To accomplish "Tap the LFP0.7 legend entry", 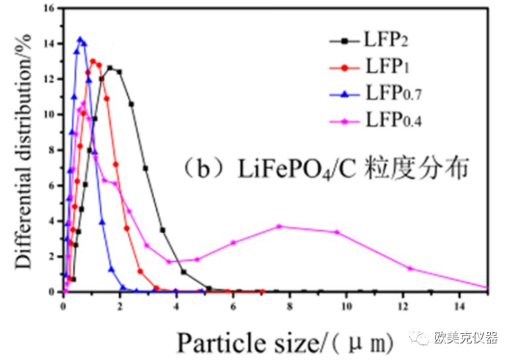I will pos(393,94).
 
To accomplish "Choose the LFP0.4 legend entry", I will pos(393,121).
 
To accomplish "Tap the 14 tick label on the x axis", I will pos(459,305).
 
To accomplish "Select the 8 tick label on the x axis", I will pos(289,305).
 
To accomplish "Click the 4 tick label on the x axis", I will pos(176,305).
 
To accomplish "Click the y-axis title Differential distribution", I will pos(24,148).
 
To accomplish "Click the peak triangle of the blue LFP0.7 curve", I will pos(80,40).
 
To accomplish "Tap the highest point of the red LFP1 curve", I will pos(93,61).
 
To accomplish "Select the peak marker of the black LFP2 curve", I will pos(110,68).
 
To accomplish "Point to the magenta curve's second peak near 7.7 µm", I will pos(279,226).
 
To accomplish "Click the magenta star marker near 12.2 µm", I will pos(410,268).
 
